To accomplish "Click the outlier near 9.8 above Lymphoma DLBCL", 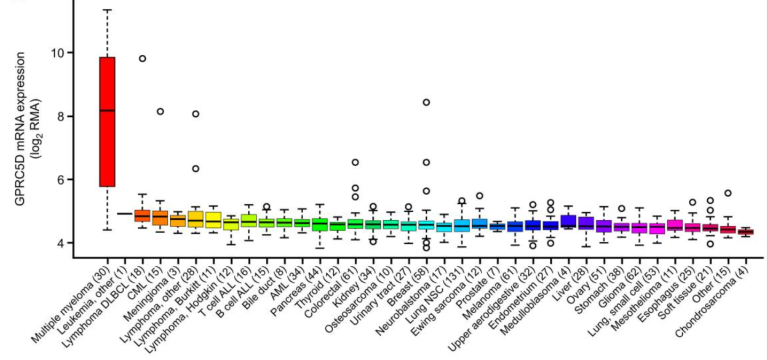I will click(142, 59).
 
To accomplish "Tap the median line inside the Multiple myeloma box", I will click(107, 110).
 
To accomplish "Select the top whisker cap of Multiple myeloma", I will click(107, 10).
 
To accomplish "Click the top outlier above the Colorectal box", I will click(355, 162).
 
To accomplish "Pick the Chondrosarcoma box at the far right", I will click(745, 232).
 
